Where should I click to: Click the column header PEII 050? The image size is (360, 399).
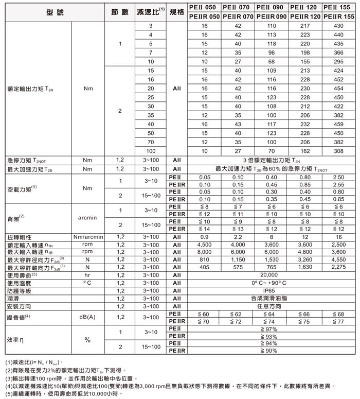[x=204, y=7]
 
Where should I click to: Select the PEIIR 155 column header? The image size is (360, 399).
[x=338, y=16]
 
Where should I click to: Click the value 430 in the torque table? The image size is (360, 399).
[x=338, y=26]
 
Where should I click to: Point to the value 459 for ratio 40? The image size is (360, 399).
[x=338, y=124]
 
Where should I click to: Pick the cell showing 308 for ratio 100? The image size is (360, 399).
[x=338, y=151]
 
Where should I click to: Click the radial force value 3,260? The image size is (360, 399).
[x=305, y=259]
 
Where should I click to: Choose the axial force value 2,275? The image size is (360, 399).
[x=338, y=267]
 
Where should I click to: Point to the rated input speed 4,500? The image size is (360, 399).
[x=204, y=244]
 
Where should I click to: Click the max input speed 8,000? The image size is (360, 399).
[x=204, y=252]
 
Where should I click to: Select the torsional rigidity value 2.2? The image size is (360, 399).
[x=238, y=237]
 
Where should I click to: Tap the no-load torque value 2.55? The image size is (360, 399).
[x=338, y=184]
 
